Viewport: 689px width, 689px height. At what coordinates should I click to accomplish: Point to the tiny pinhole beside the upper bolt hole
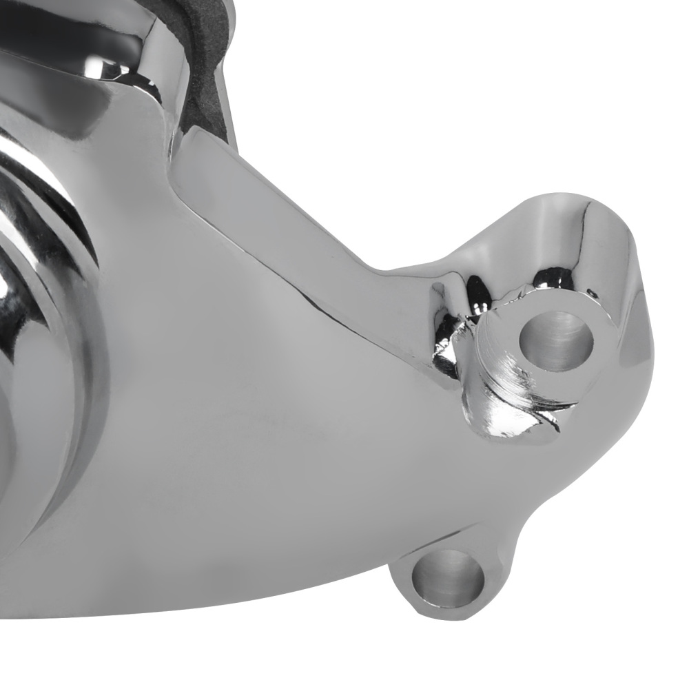coord(591,294)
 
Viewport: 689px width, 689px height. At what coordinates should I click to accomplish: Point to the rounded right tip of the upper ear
coord(637,324)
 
